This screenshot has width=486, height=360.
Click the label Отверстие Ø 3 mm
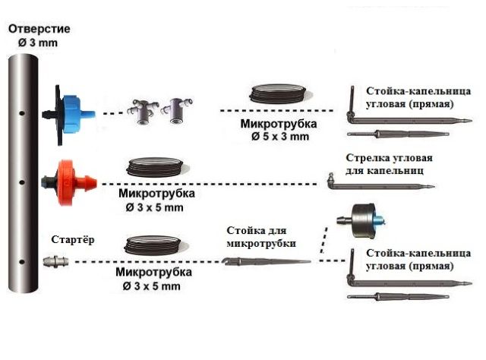(39, 36)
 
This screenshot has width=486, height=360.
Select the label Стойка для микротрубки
(257, 236)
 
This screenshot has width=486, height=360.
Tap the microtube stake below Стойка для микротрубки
(266, 261)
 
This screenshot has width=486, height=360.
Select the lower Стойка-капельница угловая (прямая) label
(410, 261)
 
